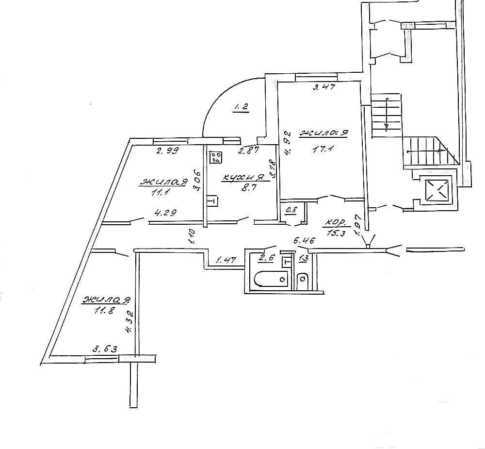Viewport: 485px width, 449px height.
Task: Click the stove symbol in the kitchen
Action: click(x=216, y=157)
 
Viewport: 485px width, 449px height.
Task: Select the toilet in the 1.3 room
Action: click(x=303, y=280)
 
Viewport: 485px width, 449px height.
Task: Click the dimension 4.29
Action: click(x=165, y=212)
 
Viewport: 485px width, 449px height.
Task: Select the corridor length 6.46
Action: click(x=305, y=240)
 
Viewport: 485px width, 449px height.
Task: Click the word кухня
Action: click(x=242, y=179)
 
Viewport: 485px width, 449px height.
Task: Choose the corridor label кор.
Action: click(x=335, y=224)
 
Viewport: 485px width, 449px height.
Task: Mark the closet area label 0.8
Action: click(x=291, y=210)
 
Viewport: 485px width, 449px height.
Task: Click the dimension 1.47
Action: click(x=226, y=261)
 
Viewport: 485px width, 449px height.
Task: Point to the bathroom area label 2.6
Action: click(x=267, y=257)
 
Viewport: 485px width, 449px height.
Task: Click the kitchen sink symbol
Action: click(x=212, y=200)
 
